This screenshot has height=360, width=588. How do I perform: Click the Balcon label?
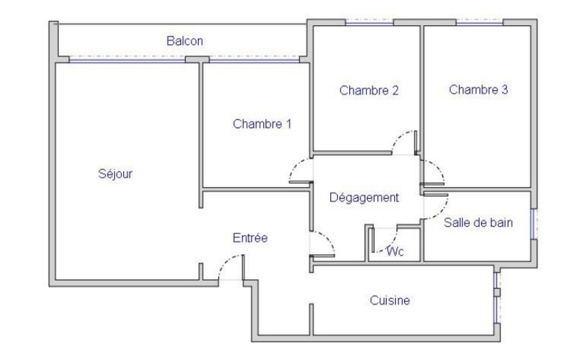point(185,41)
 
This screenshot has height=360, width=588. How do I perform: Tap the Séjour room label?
point(115,174)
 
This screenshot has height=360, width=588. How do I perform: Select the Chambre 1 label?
point(262,124)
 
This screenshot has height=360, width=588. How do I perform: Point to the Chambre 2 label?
point(369,90)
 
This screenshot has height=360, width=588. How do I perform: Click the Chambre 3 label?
point(478,90)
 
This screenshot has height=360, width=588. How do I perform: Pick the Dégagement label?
point(364,198)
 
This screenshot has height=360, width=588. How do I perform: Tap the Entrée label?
point(250,238)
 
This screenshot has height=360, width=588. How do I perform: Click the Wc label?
point(395,251)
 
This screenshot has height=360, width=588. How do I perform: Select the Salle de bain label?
point(478,223)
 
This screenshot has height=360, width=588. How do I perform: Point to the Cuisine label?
point(390,301)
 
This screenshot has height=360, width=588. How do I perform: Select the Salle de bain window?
point(533,224)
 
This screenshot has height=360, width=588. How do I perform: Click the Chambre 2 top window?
point(369,23)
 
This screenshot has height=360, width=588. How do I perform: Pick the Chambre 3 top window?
point(479,22)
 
